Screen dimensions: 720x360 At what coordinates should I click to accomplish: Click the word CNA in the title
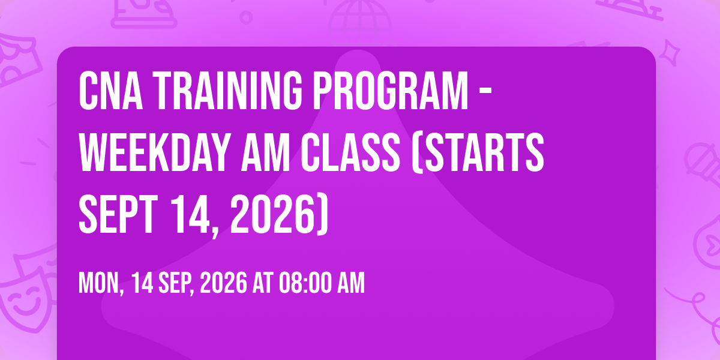click(x=111, y=91)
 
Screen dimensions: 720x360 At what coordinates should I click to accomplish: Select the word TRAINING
click(x=227, y=91)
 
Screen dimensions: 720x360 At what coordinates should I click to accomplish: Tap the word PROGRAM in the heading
click(x=391, y=91)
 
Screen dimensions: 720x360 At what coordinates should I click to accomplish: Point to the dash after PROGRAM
click(x=485, y=92)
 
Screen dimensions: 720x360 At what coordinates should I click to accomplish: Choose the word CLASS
click(x=350, y=152)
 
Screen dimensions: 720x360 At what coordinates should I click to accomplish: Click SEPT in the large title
click(x=118, y=214)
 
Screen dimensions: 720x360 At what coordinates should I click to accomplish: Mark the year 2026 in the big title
click(x=272, y=214)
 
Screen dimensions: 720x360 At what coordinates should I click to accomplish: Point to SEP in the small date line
click(x=175, y=283)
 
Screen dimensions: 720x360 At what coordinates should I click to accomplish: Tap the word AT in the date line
click(x=262, y=283)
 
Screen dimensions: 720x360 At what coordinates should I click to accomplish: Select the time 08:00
click(x=305, y=283)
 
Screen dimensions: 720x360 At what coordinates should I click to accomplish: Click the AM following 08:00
click(x=351, y=283)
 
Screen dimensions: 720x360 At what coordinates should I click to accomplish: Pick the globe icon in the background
click(x=359, y=23)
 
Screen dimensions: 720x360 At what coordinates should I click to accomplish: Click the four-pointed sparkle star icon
click(x=670, y=53)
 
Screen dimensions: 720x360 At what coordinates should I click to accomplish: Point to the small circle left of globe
click(x=246, y=17)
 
